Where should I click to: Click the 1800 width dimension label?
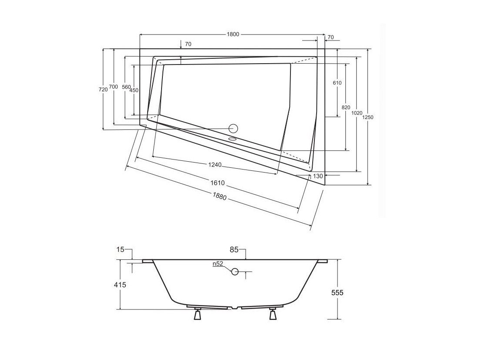(233, 34)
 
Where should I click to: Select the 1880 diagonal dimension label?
(219, 196)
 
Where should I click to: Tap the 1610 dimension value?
(217, 183)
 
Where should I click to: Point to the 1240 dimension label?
(214, 165)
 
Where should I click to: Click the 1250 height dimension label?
(368, 117)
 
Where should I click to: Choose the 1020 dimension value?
(357, 113)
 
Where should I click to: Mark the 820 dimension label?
(346, 107)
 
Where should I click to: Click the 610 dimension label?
(337, 83)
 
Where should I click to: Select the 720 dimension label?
(103, 90)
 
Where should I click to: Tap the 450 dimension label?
(134, 90)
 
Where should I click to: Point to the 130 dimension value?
(318, 176)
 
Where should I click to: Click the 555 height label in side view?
(337, 293)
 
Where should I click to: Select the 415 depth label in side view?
(120, 285)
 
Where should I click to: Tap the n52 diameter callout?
(218, 264)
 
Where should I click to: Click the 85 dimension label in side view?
(234, 250)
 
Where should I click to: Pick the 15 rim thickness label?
(120, 250)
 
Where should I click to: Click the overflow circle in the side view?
(235, 271)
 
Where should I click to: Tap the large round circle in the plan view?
(234, 129)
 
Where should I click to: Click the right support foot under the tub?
(273, 314)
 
